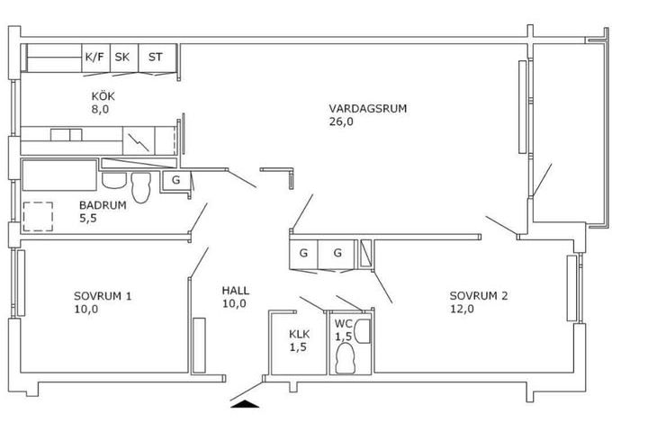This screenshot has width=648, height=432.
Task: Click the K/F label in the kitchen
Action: tap(94, 57)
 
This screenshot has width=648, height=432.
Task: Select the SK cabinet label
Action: tap(121, 57)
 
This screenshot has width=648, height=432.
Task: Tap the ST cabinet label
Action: tap(156, 57)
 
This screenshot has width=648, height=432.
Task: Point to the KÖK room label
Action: tap(103, 96)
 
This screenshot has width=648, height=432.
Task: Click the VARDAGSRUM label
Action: tap(368, 108)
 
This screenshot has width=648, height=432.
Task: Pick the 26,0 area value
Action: tap(341, 121)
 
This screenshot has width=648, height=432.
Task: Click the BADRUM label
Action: tap(103, 205)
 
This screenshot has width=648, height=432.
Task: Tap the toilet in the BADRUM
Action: tap(141, 187)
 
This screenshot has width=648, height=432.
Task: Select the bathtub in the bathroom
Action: tap(59, 175)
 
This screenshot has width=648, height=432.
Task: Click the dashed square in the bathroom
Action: tap(38, 217)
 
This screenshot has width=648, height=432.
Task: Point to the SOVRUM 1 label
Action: tap(103, 296)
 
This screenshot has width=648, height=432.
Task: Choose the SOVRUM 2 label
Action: tap(479, 295)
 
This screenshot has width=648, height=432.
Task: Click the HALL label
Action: tap(236, 290)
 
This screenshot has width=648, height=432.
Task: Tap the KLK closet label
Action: tap(299, 334)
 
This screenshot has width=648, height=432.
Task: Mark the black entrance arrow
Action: tap(245, 404)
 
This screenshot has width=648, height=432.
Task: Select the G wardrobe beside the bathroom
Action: tap(176, 180)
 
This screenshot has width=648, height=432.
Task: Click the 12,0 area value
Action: tap(462, 309)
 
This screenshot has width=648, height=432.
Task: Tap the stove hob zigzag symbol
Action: tap(139, 142)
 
